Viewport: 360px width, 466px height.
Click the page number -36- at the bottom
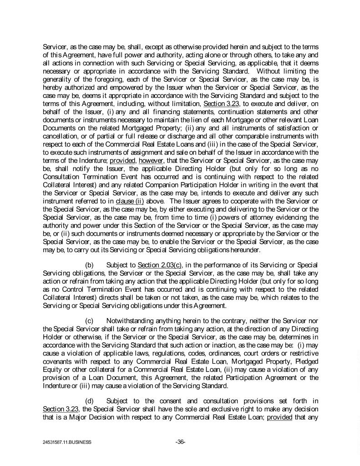[x=180, y=441]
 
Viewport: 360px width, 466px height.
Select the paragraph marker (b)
[x=90, y=265]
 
